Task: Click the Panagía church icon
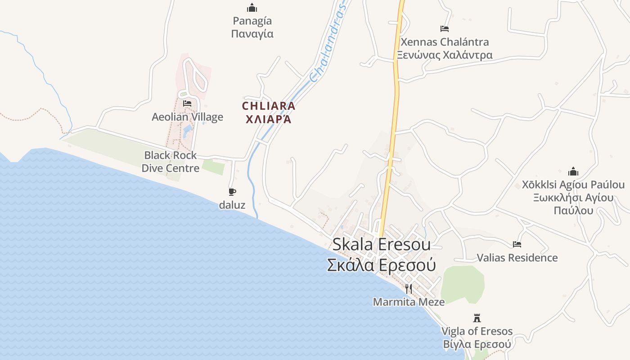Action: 252,8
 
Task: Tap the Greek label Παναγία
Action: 252,34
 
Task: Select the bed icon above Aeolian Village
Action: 187,103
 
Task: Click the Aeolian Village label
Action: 187,117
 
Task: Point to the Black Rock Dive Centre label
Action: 171,162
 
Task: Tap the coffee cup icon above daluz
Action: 232,192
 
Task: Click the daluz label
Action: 232,205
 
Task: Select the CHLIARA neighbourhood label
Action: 269,106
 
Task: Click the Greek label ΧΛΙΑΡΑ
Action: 269,119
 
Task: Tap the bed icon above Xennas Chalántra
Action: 445,29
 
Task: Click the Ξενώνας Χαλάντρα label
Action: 445,55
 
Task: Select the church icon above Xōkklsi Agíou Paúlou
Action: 573,171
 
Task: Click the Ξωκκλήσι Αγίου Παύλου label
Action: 573,204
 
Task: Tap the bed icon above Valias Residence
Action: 517,244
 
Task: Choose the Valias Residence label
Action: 517,258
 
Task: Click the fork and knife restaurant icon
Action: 409,288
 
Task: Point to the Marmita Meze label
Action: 409,302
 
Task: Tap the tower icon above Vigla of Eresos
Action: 477,318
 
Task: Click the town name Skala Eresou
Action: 381,244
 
